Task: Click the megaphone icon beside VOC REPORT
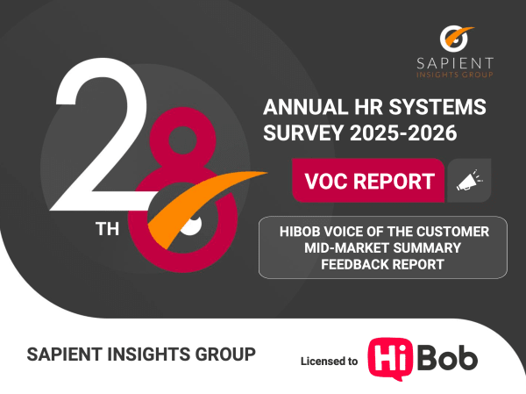tap(469, 182)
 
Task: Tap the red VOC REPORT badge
tap(369, 182)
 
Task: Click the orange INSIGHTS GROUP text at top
tap(455, 75)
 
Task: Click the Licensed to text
tap(329, 361)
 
